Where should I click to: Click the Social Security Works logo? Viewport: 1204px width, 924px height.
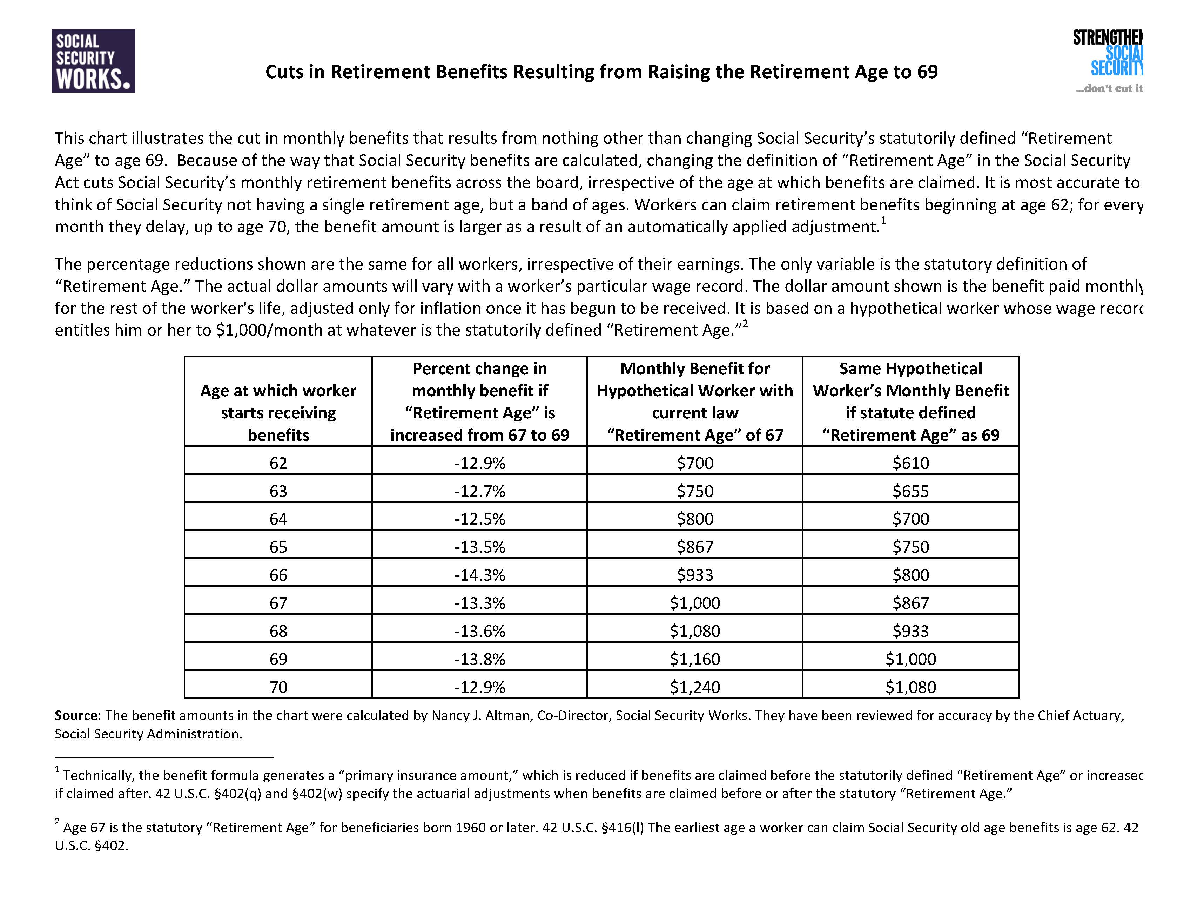pyautogui.click(x=94, y=61)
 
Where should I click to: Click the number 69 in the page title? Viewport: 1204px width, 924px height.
pyautogui.click(x=927, y=72)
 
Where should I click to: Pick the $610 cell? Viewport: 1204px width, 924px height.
pyautogui.click(x=910, y=463)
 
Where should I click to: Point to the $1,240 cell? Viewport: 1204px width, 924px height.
pyautogui.click(x=695, y=687)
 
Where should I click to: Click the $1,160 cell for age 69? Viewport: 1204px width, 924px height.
pyautogui.click(x=695, y=659)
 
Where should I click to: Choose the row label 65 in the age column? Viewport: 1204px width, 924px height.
pyautogui.click(x=278, y=547)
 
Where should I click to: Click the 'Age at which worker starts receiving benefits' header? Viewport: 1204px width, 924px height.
pyautogui.click(x=278, y=412)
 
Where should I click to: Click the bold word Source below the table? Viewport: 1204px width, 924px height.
pyautogui.click(x=76, y=716)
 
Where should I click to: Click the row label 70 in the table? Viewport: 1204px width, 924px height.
pyautogui.click(x=278, y=687)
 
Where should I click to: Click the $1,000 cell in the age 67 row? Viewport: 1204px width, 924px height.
pyautogui.click(x=695, y=603)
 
